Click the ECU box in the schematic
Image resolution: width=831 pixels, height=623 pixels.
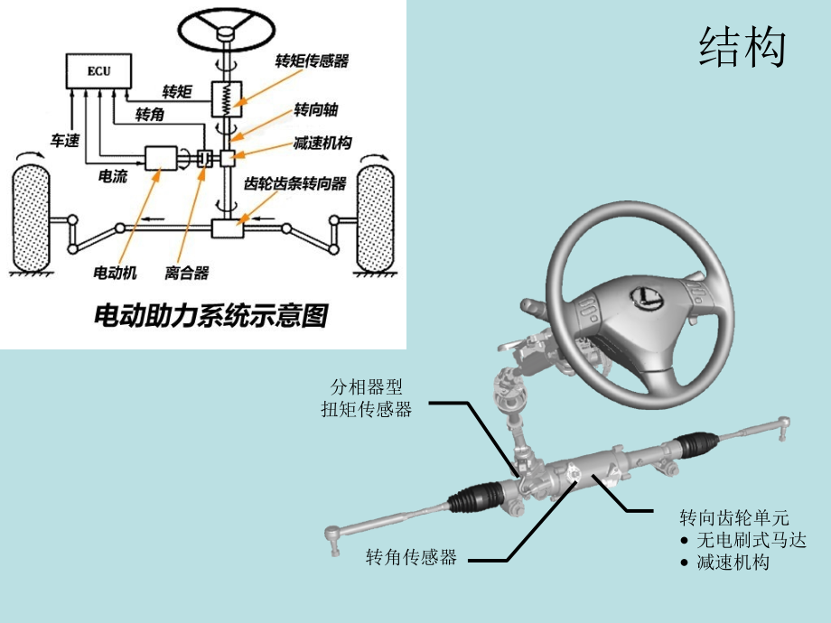pyautogui.click(x=98, y=71)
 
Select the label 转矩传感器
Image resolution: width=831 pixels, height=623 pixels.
pyautogui.click(x=312, y=61)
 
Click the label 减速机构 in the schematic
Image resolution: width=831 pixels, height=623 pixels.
pyautogui.click(x=322, y=144)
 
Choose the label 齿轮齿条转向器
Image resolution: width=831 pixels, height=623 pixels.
pyautogui.click(x=295, y=183)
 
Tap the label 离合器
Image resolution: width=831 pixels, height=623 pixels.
pyautogui.click(x=187, y=271)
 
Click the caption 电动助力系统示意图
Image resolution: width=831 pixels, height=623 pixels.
pyautogui.click(x=211, y=316)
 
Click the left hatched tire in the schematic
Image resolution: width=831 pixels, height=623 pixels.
pyautogui.click(x=35, y=217)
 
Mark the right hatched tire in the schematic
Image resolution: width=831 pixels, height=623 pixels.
pyautogui.click(x=379, y=217)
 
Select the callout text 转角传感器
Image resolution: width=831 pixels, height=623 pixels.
pyautogui.click(x=411, y=557)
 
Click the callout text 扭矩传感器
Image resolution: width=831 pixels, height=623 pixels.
pyautogui.click(x=366, y=409)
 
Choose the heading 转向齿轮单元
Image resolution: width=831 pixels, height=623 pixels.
pyautogui.click(x=733, y=517)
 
